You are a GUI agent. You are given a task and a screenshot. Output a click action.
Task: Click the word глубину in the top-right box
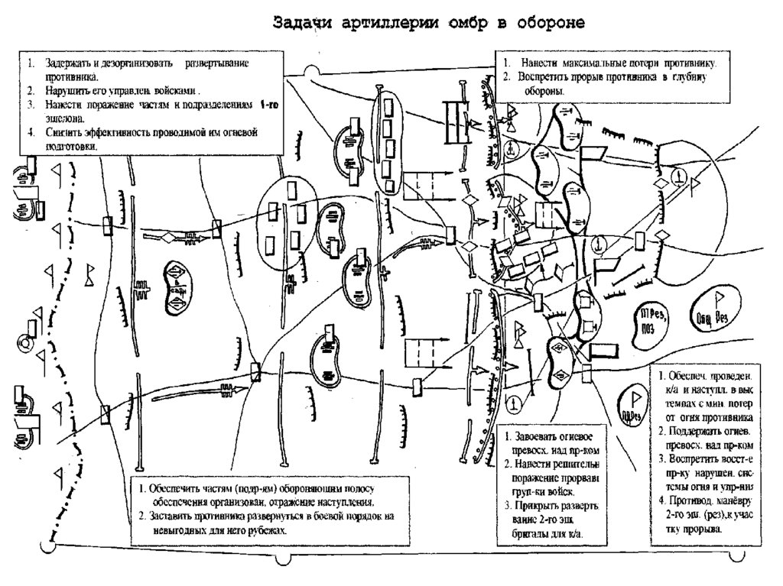point(691,77)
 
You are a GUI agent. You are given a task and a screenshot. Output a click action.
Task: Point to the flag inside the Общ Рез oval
point(720,299)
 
